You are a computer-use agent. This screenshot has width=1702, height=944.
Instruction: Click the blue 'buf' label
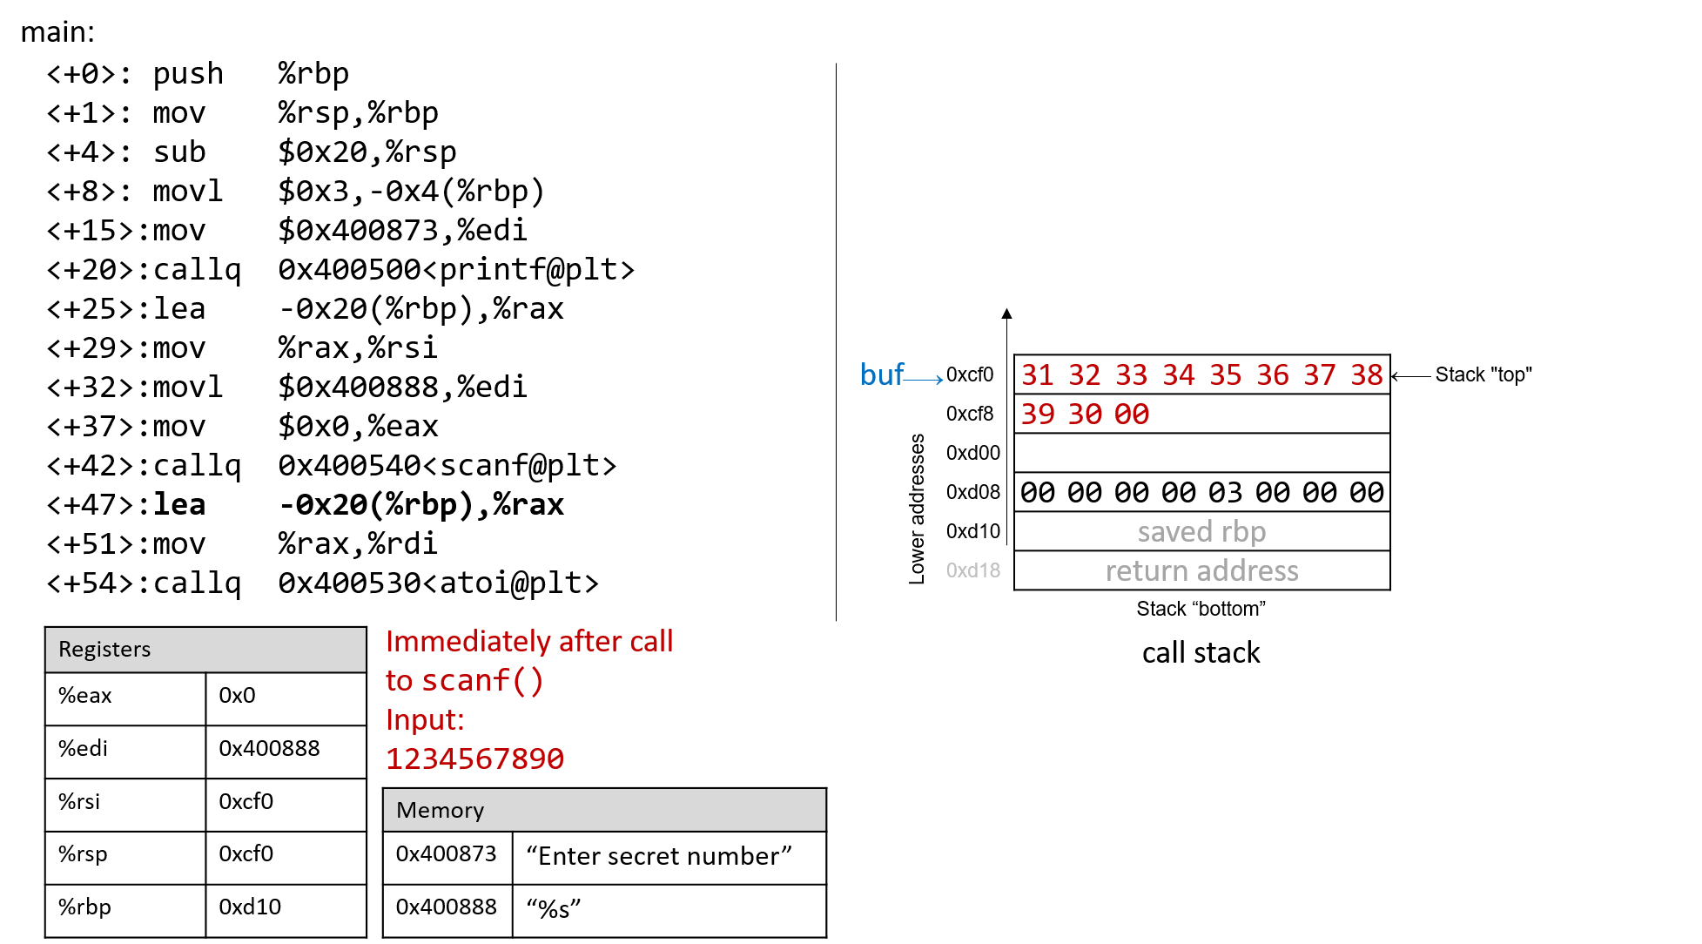coord(882,374)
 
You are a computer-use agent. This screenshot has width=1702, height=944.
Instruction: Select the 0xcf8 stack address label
coord(970,414)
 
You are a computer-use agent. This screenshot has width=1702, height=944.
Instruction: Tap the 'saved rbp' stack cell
coord(1201,531)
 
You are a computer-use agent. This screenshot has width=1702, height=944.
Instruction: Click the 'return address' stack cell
coord(1201,570)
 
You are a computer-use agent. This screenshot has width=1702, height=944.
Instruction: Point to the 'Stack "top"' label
coord(1483,374)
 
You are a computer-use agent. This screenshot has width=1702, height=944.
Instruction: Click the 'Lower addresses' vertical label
coord(917,509)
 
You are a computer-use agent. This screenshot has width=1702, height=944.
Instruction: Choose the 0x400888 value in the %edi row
coord(269,748)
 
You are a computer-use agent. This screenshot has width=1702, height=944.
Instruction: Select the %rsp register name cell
coord(125,854)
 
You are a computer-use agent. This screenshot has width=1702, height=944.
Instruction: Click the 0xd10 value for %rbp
coord(250,907)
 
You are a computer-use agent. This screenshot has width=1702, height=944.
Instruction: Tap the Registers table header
coord(205,650)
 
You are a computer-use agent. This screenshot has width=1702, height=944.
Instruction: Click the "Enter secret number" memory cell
coord(659,856)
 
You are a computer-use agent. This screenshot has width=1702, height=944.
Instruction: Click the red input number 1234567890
coord(474,759)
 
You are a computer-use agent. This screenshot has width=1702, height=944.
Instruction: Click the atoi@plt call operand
coord(438,583)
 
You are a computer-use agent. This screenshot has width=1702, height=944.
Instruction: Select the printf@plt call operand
coord(456,269)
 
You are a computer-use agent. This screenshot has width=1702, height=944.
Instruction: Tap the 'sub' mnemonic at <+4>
coord(179,152)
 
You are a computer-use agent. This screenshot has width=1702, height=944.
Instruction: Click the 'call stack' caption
coord(1201,652)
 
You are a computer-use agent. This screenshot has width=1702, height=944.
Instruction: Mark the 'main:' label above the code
coord(57,31)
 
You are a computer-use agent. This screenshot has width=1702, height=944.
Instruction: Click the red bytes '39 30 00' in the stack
coord(1085,414)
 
